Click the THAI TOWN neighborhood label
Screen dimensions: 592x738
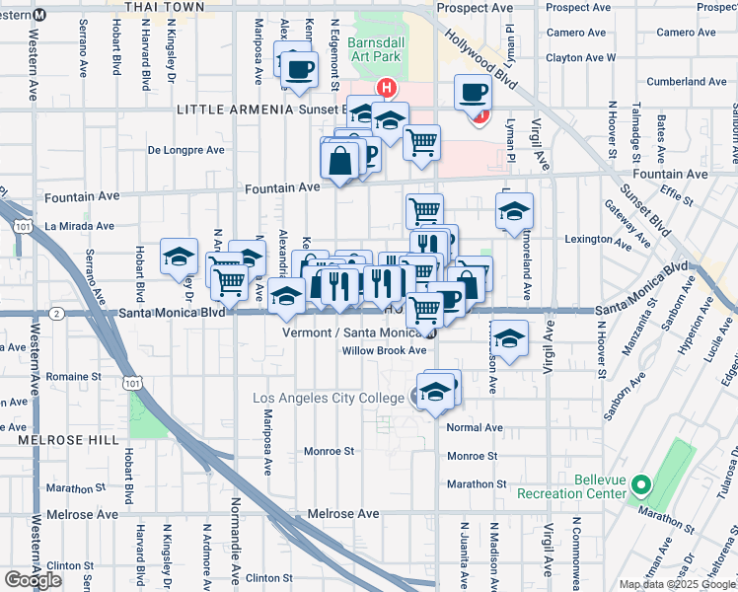click(x=165, y=7)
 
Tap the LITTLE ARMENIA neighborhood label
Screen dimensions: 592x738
click(x=233, y=109)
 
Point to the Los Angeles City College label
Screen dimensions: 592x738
click(x=330, y=398)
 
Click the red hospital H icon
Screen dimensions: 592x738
click(x=388, y=88)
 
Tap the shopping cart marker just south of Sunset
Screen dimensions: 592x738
click(x=421, y=142)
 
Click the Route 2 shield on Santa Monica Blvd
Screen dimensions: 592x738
click(x=58, y=314)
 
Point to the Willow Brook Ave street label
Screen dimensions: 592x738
click(x=383, y=350)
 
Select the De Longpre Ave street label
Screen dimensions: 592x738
click(x=186, y=151)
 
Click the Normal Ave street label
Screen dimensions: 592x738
click(x=475, y=428)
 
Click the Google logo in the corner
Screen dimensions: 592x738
click(x=33, y=580)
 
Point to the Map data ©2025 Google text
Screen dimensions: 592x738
click(x=677, y=584)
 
